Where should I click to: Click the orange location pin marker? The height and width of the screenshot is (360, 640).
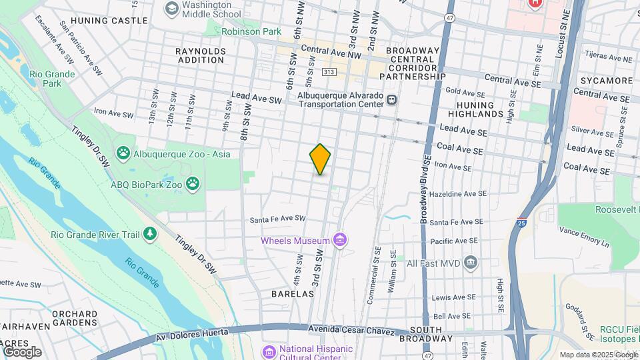click(x=320, y=159)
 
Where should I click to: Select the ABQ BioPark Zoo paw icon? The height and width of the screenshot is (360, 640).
click(x=193, y=183)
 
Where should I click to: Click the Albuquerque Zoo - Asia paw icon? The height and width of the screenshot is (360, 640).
click(x=123, y=154)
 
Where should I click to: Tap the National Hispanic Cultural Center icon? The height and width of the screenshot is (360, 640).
click(x=269, y=351)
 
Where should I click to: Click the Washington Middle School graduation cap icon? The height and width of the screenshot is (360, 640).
click(x=172, y=8)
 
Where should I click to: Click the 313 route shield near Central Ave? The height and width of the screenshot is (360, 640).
click(x=328, y=71)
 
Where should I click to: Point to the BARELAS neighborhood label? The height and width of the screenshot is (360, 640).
click(x=293, y=293)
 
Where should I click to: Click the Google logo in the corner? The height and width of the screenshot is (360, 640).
click(x=22, y=351)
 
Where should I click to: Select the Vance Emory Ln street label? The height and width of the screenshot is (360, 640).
click(x=584, y=237)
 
